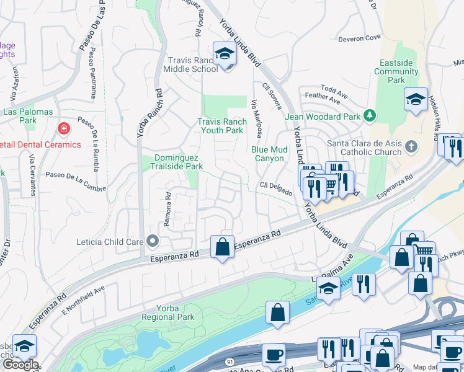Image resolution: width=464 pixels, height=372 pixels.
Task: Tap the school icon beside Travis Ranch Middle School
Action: tap(224, 54)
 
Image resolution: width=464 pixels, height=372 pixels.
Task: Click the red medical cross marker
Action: tap(63, 129)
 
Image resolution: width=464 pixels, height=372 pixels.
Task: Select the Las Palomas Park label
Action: tap(27, 112)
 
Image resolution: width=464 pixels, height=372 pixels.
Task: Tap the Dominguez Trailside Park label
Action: tap(178, 162)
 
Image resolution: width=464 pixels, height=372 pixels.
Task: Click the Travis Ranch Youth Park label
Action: tap(220, 126)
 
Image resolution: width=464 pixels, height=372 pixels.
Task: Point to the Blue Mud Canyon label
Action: tap(270, 154)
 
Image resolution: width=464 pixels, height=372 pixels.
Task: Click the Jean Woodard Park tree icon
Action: tap(370, 115)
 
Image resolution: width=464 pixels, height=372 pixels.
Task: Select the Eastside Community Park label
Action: tap(396, 72)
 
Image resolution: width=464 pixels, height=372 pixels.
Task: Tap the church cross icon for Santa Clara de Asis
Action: tap(410, 146)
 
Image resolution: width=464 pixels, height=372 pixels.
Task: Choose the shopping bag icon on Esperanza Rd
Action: tap(222, 247)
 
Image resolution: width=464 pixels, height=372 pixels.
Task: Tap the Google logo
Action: tap(20, 365)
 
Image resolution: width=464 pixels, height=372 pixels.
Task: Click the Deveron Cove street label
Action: tap(359, 38)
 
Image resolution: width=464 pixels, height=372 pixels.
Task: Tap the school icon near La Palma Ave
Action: tap(328, 288)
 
